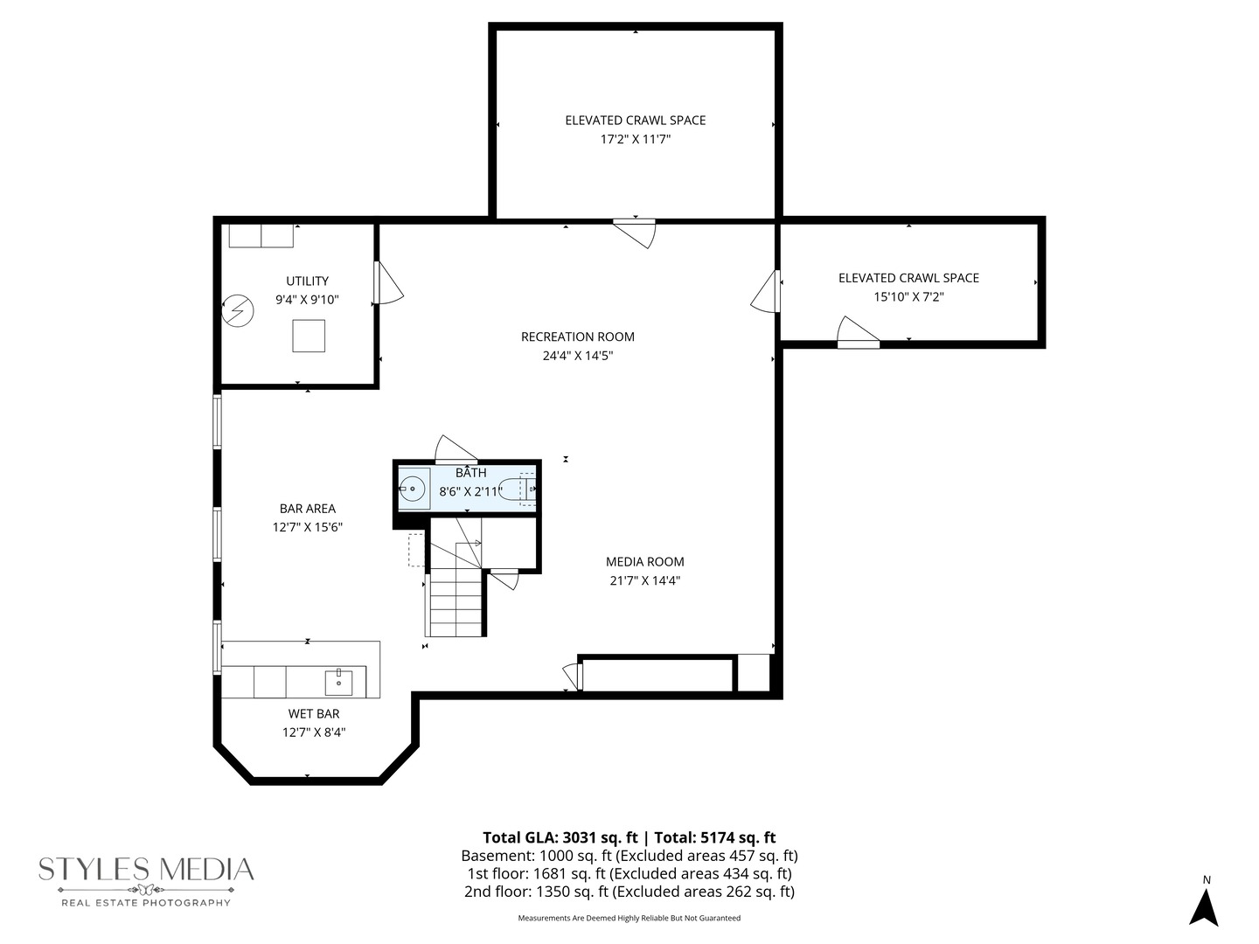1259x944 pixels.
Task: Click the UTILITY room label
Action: pos(308,281)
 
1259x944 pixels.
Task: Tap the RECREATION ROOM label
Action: pos(578,337)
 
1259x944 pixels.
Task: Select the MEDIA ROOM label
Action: pos(644,562)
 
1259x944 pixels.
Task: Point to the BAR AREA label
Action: pos(308,509)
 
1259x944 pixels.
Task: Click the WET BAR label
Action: pos(314,713)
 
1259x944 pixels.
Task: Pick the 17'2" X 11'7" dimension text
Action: pos(636,139)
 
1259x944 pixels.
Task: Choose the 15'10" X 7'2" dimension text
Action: pos(908,297)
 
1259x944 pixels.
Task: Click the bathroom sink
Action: pos(413,489)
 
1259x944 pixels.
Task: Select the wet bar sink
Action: pos(338,682)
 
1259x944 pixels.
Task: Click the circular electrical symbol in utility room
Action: pos(238,311)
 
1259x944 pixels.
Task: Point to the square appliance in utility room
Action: pos(309,336)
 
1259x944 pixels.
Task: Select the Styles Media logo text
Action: pos(146,870)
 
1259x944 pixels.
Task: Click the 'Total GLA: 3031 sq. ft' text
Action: pos(560,837)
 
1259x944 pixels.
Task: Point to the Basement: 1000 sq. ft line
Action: pos(629,856)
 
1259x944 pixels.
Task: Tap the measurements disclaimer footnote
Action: pos(629,918)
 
